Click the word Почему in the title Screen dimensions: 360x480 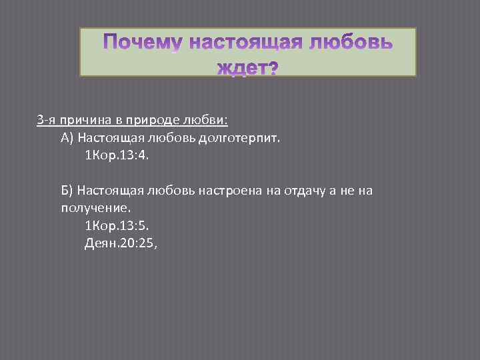click(x=142, y=45)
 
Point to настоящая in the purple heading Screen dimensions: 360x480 click(x=246, y=45)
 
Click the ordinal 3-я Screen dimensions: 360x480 click(x=45, y=121)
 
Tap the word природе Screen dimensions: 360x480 click(x=144, y=121)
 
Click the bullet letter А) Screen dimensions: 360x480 click(x=67, y=138)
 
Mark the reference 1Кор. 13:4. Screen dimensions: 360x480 click(x=118, y=155)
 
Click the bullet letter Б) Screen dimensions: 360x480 click(x=67, y=191)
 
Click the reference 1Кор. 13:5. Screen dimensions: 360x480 click(x=118, y=226)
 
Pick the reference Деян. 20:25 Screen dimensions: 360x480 click(x=120, y=243)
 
